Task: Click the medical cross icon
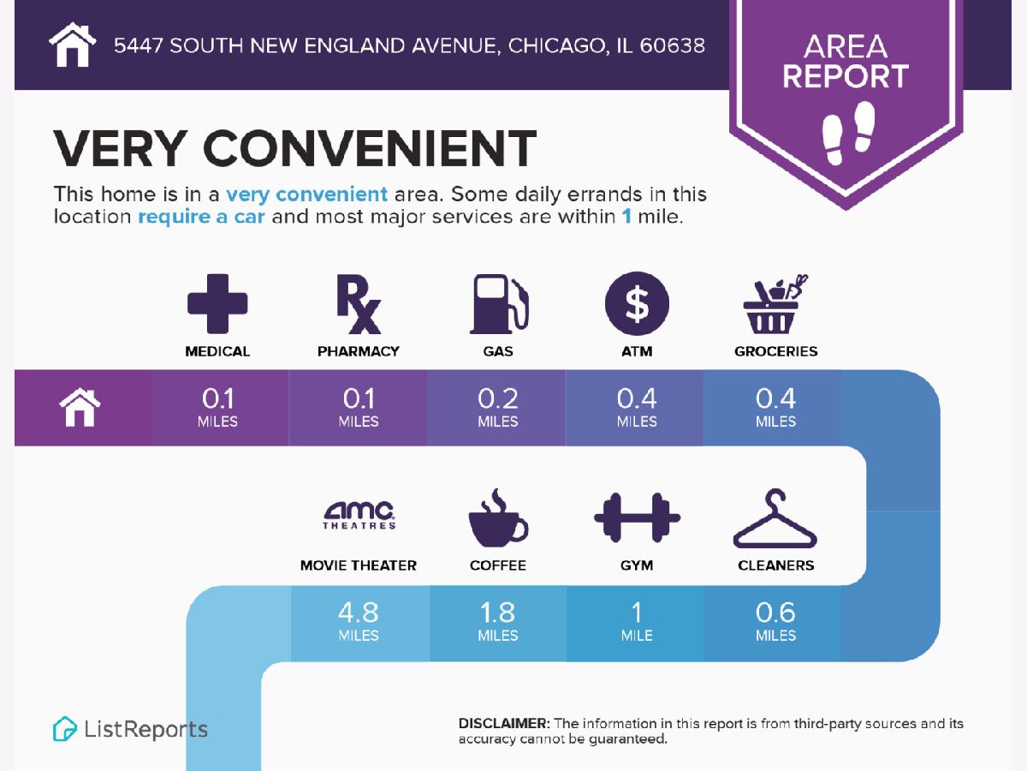(217, 303)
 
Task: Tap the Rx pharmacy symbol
(358, 304)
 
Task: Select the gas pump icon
(498, 304)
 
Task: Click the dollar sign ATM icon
(637, 304)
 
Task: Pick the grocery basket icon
(775, 304)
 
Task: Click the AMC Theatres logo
(359, 514)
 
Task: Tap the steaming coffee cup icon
(497, 517)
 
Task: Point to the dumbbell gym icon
(637, 517)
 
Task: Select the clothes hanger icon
(775, 519)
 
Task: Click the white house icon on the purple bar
(80, 408)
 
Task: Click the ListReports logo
(131, 729)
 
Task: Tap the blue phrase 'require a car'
(201, 217)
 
